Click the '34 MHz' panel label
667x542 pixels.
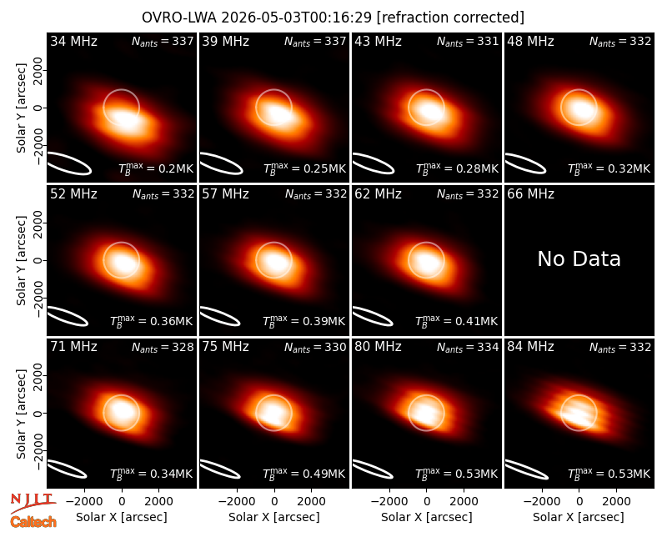point(73,41)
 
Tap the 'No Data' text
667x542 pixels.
point(579,258)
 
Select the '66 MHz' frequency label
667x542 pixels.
point(530,194)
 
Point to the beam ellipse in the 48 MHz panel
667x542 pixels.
point(525,163)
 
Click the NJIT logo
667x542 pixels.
point(33,504)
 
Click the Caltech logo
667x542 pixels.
point(33,522)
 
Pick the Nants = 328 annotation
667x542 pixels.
point(163,347)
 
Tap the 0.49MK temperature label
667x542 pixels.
point(323,474)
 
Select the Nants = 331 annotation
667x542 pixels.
point(468,41)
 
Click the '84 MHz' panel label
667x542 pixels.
point(530,347)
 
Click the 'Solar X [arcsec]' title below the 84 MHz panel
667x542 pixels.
point(579,517)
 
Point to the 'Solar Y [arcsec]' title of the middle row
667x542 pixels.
point(22,260)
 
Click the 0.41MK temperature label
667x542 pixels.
point(476,321)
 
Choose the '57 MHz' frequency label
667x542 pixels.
point(225,194)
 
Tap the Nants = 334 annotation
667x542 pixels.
point(468,347)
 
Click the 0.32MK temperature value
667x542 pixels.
point(629,168)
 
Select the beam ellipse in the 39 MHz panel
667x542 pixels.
point(221,163)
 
